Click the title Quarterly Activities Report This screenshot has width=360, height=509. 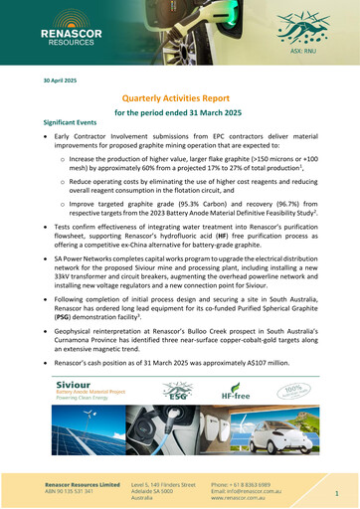[179, 99]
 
